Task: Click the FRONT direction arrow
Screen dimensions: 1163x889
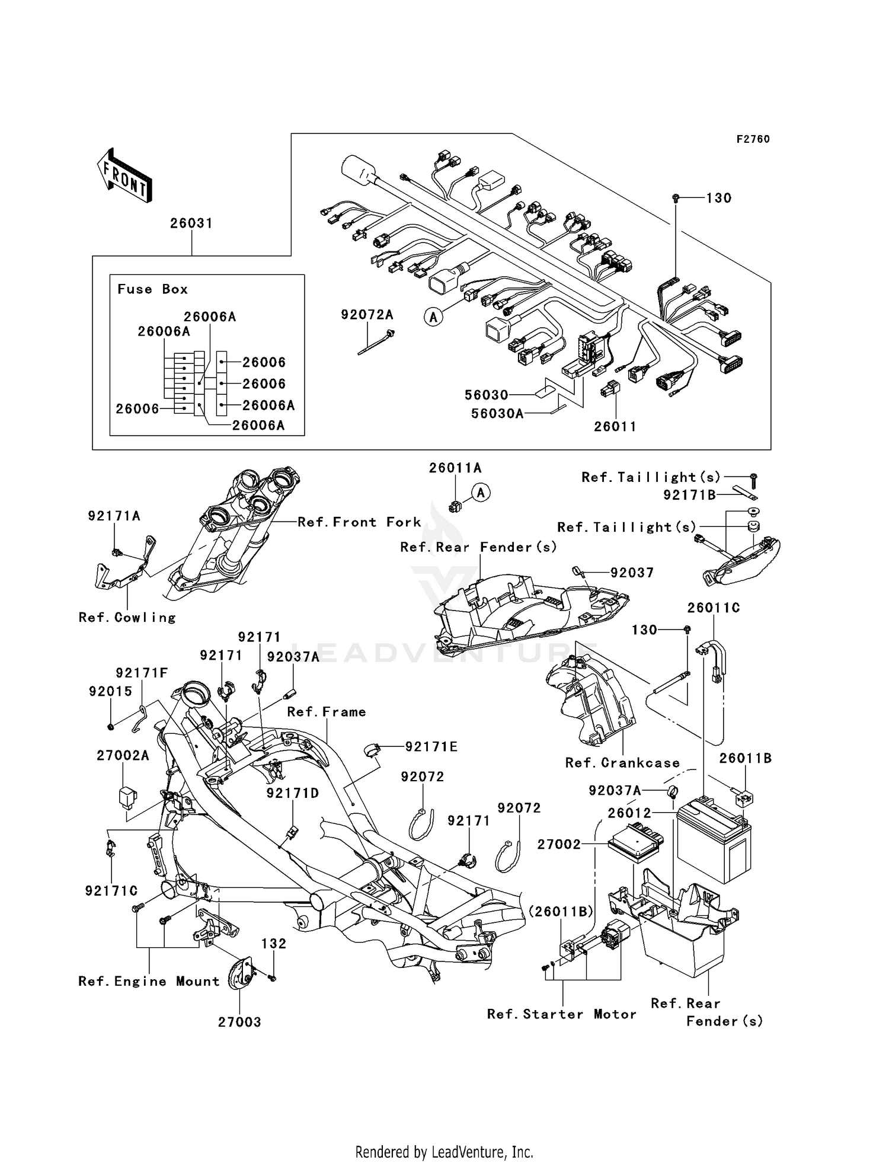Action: click(124, 177)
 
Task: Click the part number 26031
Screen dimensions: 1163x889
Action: click(191, 223)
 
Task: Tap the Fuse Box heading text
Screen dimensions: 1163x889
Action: click(152, 289)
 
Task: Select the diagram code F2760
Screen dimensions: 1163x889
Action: click(753, 139)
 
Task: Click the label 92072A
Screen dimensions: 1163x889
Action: click(367, 315)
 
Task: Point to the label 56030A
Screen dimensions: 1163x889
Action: click(497, 414)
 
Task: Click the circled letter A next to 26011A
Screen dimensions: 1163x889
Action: click(481, 492)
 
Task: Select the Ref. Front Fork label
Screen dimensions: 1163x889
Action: click(359, 522)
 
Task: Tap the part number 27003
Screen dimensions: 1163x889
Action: click(239, 1022)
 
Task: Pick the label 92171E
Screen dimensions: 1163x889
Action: click(431, 747)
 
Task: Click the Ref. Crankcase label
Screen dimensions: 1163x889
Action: click(622, 763)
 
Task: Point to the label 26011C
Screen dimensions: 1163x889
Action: click(714, 608)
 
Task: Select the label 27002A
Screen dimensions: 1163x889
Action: click(123, 756)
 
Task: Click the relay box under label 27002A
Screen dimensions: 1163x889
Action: click(127, 796)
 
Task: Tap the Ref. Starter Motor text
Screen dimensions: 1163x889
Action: click(561, 1014)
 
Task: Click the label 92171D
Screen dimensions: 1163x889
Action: click(293, 793)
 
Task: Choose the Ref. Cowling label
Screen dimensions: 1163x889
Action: click(127, 618)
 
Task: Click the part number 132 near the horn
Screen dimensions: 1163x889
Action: click(274, 943)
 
